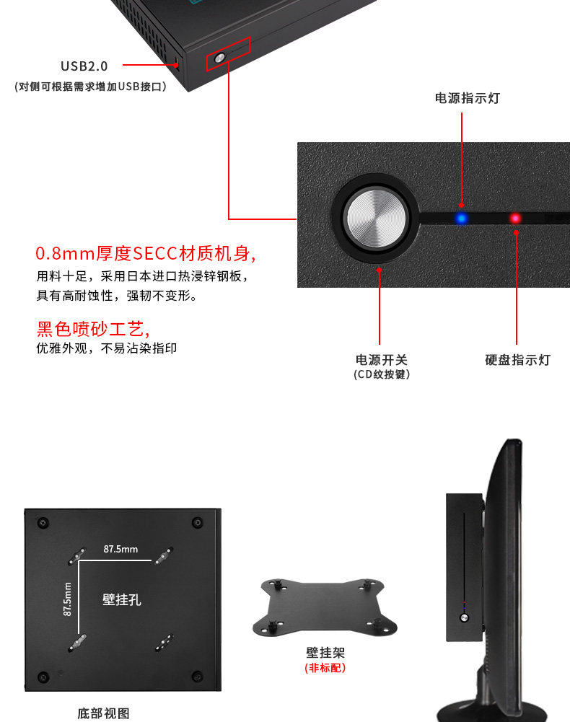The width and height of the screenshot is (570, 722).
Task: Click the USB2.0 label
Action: tap(84, 66)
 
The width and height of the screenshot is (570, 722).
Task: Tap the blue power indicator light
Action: tap(460, 217)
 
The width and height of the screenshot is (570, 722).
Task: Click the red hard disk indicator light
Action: tap(515, 217)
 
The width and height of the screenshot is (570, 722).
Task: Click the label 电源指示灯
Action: tap(467, 98)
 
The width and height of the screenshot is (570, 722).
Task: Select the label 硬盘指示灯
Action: tap(517, 360)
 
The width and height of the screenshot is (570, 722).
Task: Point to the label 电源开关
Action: tap(381, 360)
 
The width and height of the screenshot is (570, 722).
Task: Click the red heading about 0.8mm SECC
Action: tap(146, 254)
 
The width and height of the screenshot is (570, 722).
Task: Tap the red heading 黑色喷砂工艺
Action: tap(93, 330)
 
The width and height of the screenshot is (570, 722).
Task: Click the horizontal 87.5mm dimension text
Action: tap(120, 549)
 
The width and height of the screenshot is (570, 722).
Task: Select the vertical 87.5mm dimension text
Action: tap(67, 598)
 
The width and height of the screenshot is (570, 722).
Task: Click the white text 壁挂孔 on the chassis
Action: tap(121, 599)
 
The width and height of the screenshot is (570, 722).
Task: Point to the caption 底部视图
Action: tap(103, 713)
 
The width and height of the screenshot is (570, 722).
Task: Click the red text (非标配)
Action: tap(325, 669)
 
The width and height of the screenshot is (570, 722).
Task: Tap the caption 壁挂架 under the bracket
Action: tap(325, 653)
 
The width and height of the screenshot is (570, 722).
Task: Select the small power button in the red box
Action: tap(219, 58)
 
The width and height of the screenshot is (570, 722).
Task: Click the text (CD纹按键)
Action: tap(382, 374)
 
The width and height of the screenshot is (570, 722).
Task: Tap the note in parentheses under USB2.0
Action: tap(90, 87)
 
